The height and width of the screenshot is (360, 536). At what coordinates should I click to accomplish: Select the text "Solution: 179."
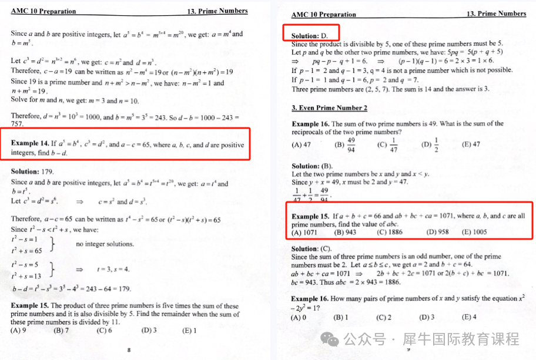point(32,171)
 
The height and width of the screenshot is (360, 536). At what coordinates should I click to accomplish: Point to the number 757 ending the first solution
point(18,124)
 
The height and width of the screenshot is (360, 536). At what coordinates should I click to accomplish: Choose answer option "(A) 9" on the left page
point(19,331)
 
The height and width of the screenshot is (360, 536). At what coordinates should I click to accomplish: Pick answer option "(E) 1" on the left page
point(189,331)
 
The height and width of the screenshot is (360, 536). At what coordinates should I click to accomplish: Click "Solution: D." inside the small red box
point(310,36)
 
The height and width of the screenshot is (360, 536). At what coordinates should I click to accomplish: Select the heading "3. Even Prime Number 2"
point(329,108)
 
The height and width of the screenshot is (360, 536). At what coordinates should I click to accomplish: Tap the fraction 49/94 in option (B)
point(351,144)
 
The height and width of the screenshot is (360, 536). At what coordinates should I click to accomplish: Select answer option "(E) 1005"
point(475,232)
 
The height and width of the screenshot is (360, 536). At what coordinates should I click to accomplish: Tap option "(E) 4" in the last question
point(470,318)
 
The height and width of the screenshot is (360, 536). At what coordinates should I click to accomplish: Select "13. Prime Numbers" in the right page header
point(496,14)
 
